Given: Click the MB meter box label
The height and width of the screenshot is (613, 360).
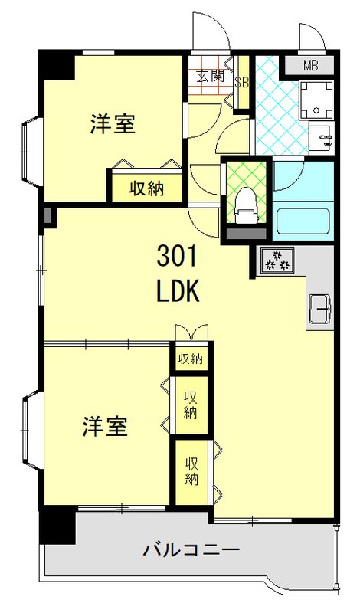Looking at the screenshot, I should (x=310, y=66).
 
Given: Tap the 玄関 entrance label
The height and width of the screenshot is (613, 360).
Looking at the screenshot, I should (x=209, y=76).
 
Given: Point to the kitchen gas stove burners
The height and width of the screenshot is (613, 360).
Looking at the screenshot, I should (x=276, y=261).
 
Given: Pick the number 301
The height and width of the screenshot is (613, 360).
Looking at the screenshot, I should (x=178, y=254).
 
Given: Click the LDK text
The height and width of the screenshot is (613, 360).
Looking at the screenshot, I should (x=178, y=292).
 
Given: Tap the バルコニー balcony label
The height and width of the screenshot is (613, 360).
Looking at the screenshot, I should (x=191, y=549).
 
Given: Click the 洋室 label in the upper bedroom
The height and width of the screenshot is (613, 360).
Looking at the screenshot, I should (x=113, y=123).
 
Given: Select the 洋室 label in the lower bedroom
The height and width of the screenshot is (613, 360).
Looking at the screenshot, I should (x=105, y=427).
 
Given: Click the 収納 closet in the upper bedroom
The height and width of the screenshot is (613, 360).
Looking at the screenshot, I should (x=146, y=188).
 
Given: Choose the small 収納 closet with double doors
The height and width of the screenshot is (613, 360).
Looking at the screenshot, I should (x=191, y=358).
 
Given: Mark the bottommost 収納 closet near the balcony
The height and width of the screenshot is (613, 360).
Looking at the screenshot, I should (x=191, y=470).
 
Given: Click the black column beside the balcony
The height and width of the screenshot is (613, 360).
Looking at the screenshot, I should (x=57, y=526).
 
